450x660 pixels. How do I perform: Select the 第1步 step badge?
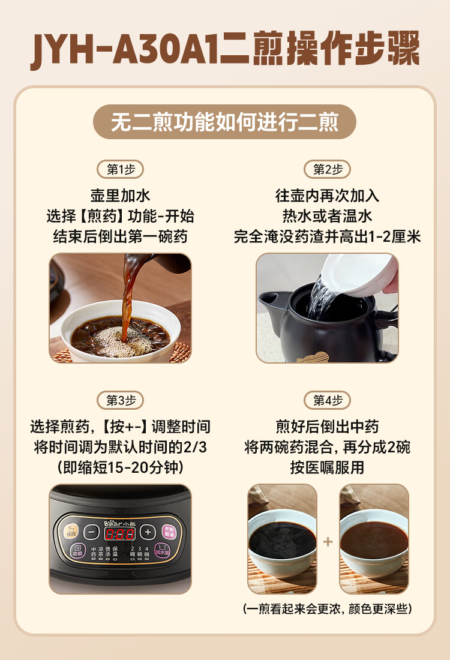coord(121,169)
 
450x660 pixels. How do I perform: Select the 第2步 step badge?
coord(328,169)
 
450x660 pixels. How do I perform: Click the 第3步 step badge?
coord(121,400)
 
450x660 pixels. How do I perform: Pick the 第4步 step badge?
coord(328,400)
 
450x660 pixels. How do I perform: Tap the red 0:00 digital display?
coord(119,533)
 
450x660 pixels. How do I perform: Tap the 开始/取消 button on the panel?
coord(167,531)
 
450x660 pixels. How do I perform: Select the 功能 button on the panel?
coord(77,551)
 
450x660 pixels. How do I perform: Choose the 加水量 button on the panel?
coord(162,551)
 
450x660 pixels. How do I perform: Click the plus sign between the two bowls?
coord(328,542)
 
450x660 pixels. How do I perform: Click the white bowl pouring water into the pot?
coord(360,273)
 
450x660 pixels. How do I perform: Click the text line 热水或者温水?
coord(328,216)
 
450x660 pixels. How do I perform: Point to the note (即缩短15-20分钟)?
coord(121,467)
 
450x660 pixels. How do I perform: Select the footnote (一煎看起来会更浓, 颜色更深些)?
coord(328,609)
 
